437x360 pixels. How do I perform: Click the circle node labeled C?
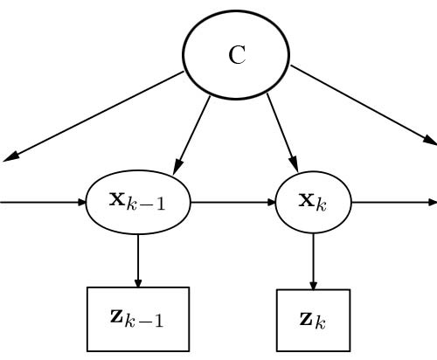[236, 54]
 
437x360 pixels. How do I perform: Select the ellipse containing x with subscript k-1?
[137, 202]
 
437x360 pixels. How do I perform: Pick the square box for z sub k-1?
[137, 319]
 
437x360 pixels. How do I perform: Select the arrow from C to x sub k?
[282, 131]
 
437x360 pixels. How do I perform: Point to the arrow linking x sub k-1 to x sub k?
[232, 203]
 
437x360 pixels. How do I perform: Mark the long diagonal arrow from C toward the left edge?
[96, 116]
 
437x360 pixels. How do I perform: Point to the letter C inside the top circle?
[237, 55]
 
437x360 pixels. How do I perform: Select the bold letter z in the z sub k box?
[306, 318]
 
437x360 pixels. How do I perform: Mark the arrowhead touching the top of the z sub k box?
[313, 285]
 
